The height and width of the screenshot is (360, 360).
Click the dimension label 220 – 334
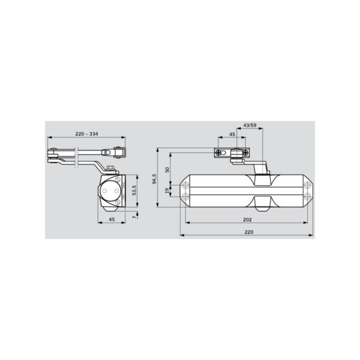coord(86,134)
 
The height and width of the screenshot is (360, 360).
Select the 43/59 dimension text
coord(250,125)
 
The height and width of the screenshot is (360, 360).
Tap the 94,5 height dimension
coord(154,179)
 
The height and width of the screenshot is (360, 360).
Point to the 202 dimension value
coord(247,220)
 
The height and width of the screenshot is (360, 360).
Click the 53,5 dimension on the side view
coord(134,190)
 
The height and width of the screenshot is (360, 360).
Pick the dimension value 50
coord(167,170)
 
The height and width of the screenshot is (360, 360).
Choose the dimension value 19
coord(167,190)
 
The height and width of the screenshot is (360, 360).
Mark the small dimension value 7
coord(134,217)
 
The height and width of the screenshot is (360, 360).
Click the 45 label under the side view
coord(112,220)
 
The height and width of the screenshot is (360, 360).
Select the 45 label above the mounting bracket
coord(232,134)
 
